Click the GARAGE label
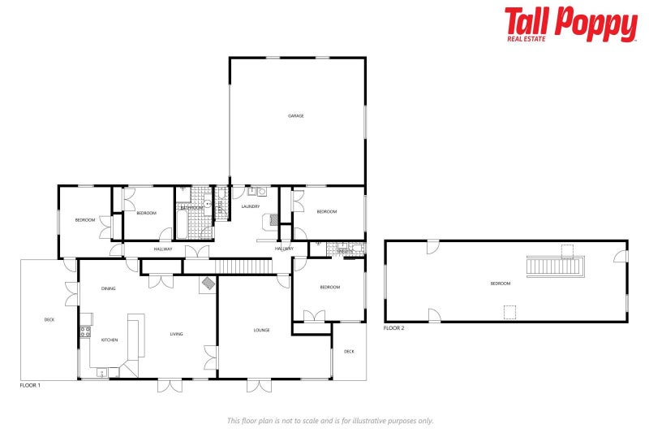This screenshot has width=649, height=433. (296, 116)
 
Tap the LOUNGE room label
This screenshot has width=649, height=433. (261, 330)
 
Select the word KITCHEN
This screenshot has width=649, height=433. (110, 340)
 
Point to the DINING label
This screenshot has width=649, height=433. (108, 289)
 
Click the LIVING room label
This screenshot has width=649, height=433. (177, 334)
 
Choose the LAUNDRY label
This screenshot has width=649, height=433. (251, 206)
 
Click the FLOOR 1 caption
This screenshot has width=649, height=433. (30, 385)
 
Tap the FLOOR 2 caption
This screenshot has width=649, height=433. (393, 328)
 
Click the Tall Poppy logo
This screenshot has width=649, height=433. (570, 24)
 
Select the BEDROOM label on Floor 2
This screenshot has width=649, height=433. (501, 284)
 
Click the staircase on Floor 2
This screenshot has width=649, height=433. (556, 266)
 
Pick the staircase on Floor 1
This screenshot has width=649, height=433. (242, 267)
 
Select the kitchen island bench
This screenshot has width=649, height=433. (133, 336)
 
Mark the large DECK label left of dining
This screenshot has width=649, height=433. (49, 320)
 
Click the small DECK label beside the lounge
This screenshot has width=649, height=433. (349, 352)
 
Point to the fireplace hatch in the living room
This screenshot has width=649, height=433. (208, 284)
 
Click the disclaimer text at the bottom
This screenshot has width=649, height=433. (330, 421)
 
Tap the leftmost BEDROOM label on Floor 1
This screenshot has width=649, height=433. (85, 220)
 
